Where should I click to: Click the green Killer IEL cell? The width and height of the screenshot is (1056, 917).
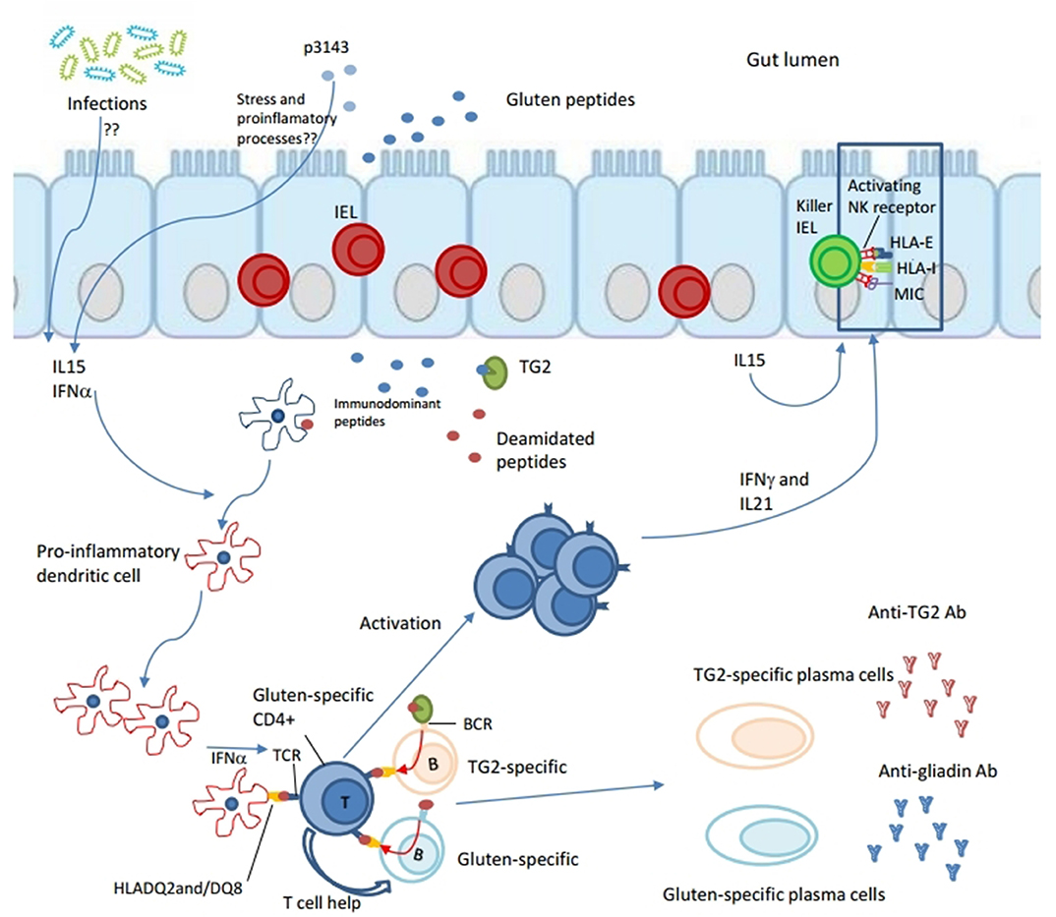[835, 260]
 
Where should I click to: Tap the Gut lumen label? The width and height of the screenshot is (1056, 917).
[792, 60]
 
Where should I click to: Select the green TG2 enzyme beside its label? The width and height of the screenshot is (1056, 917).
[495, 373]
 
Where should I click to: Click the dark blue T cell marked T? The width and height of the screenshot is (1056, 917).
[335, 800]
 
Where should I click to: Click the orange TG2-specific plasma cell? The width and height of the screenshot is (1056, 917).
[754, 735]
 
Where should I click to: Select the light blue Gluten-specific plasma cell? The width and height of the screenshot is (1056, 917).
[763, 834]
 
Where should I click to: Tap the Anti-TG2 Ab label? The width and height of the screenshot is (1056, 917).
[916, 612]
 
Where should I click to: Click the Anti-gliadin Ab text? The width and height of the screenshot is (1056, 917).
[937, 772]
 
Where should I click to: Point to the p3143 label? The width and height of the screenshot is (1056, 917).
[326, 48]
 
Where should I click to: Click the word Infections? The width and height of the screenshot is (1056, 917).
[106, 103]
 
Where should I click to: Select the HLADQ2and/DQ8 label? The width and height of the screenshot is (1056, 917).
[178, 888]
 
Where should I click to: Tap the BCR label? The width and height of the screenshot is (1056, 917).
[478, 723]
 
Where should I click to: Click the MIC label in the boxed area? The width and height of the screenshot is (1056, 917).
[909, 294]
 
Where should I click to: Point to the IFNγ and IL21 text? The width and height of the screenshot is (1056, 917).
[774, 491]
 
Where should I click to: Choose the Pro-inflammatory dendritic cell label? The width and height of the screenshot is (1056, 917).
[108, 563]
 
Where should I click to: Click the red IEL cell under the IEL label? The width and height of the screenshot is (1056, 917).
[358, 249]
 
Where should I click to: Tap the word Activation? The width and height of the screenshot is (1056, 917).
[400, 623]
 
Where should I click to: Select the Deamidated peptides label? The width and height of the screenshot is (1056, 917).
[546, 450]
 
